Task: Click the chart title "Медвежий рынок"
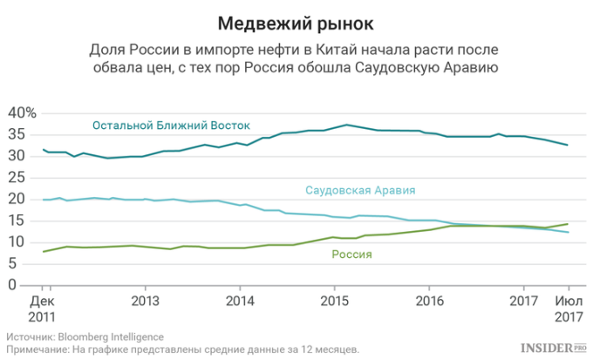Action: pos(296,21)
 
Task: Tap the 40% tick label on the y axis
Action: pos(21,113)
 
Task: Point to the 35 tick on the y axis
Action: pos(17,134)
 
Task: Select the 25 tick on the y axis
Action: pos(17,177)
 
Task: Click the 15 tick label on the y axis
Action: pos(17,220)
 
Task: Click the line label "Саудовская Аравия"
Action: pos(359,190)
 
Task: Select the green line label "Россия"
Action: pos(351,255)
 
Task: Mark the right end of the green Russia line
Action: pos(569,224)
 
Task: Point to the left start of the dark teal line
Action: pos(43,149)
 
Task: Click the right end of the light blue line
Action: pos(569,233)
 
